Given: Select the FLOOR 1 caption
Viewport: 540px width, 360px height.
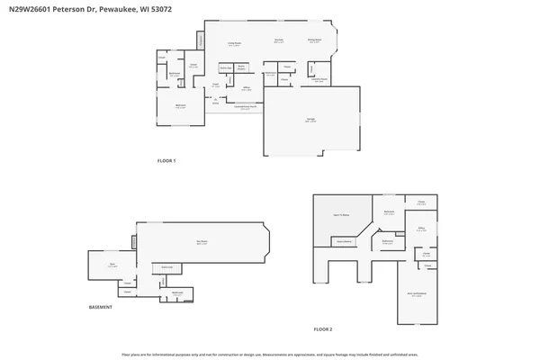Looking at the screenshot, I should (x=166, y=161).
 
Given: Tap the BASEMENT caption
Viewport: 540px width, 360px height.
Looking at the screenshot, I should (x=101, y=308).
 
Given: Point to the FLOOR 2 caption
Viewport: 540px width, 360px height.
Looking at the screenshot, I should (x=322, y=329).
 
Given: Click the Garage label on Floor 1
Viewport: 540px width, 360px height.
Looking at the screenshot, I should (x=310, y=121).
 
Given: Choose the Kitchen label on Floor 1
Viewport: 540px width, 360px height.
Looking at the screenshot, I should (x=279, y=40).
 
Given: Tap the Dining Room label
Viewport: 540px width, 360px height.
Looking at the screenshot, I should (x=315, y=40).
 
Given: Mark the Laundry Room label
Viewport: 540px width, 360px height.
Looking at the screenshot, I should (x=318, y=80).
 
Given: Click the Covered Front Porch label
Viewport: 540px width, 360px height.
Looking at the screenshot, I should (x=236, y=108).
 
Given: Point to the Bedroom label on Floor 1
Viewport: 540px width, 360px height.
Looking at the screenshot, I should (x=180, y=106).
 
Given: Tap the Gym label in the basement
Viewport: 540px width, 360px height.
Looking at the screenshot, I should (x=112, y=265).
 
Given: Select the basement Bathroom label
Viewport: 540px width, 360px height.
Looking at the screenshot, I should (x=178, y=292).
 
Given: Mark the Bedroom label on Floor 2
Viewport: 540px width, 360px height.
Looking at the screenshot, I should (x=390, y=211).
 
